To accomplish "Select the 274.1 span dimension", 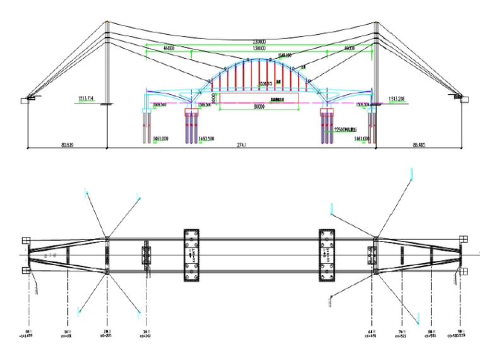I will pos(241,145).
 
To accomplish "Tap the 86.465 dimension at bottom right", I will pos(418,145).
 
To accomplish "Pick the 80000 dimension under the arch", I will pos(259,107).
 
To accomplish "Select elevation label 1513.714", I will pos(86,99).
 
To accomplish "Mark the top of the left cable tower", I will pos(107,23).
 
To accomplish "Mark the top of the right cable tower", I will pos(376,23).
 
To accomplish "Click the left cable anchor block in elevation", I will pos(30,99).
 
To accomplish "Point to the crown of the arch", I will pos(259,58).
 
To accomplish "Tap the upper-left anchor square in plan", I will pos(25,240).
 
